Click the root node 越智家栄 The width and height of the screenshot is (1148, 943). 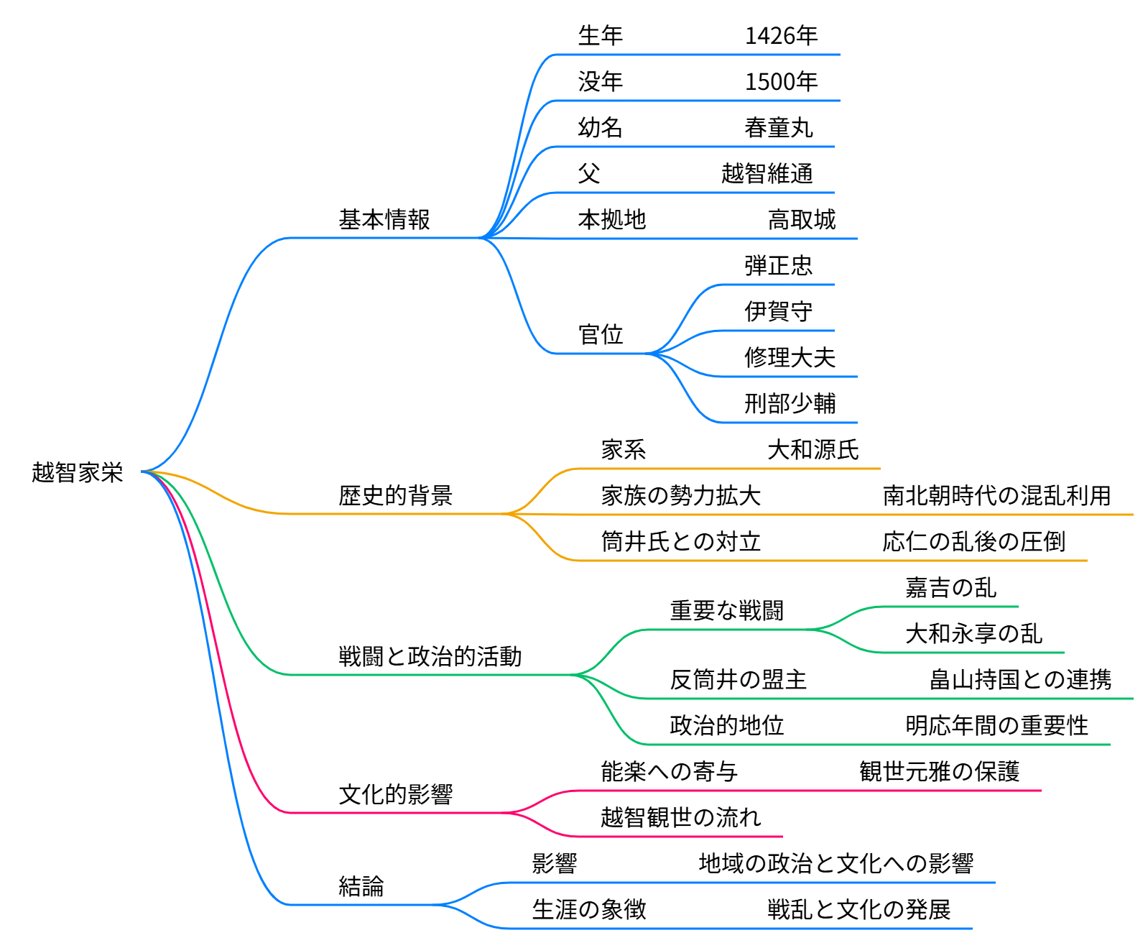tap(77, 472)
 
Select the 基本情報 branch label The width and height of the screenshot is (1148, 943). tap(384, 219)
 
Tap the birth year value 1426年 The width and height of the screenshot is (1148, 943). tap(781, 35)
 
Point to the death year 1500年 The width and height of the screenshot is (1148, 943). tap(781, 81)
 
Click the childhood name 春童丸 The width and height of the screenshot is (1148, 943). tap(778, 127)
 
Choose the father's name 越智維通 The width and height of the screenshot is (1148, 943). tap(767, 173)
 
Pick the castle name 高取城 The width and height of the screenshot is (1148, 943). tap(801, 219)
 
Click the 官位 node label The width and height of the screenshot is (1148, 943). tap(600, 334)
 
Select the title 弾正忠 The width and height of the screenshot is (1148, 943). tap(778, 265)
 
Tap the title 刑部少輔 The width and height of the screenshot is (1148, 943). tap(790, 403)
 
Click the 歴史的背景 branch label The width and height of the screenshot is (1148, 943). tap(395, 495)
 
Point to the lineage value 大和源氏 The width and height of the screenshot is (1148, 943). tap(813, 449)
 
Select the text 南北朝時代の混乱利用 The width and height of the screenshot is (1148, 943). tap(996, 495)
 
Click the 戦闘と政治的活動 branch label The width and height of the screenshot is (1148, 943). tap(430, 656)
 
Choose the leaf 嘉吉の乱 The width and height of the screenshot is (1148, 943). tap(950, 587)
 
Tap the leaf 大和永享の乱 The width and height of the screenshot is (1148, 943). tap(973, 633)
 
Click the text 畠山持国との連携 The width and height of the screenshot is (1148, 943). tap(1019, 679)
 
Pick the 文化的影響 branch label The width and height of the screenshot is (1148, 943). tap(395, 794)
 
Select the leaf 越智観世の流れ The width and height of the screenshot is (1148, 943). tap(680, 817)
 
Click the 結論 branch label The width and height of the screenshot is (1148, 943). tap(361, 886)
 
